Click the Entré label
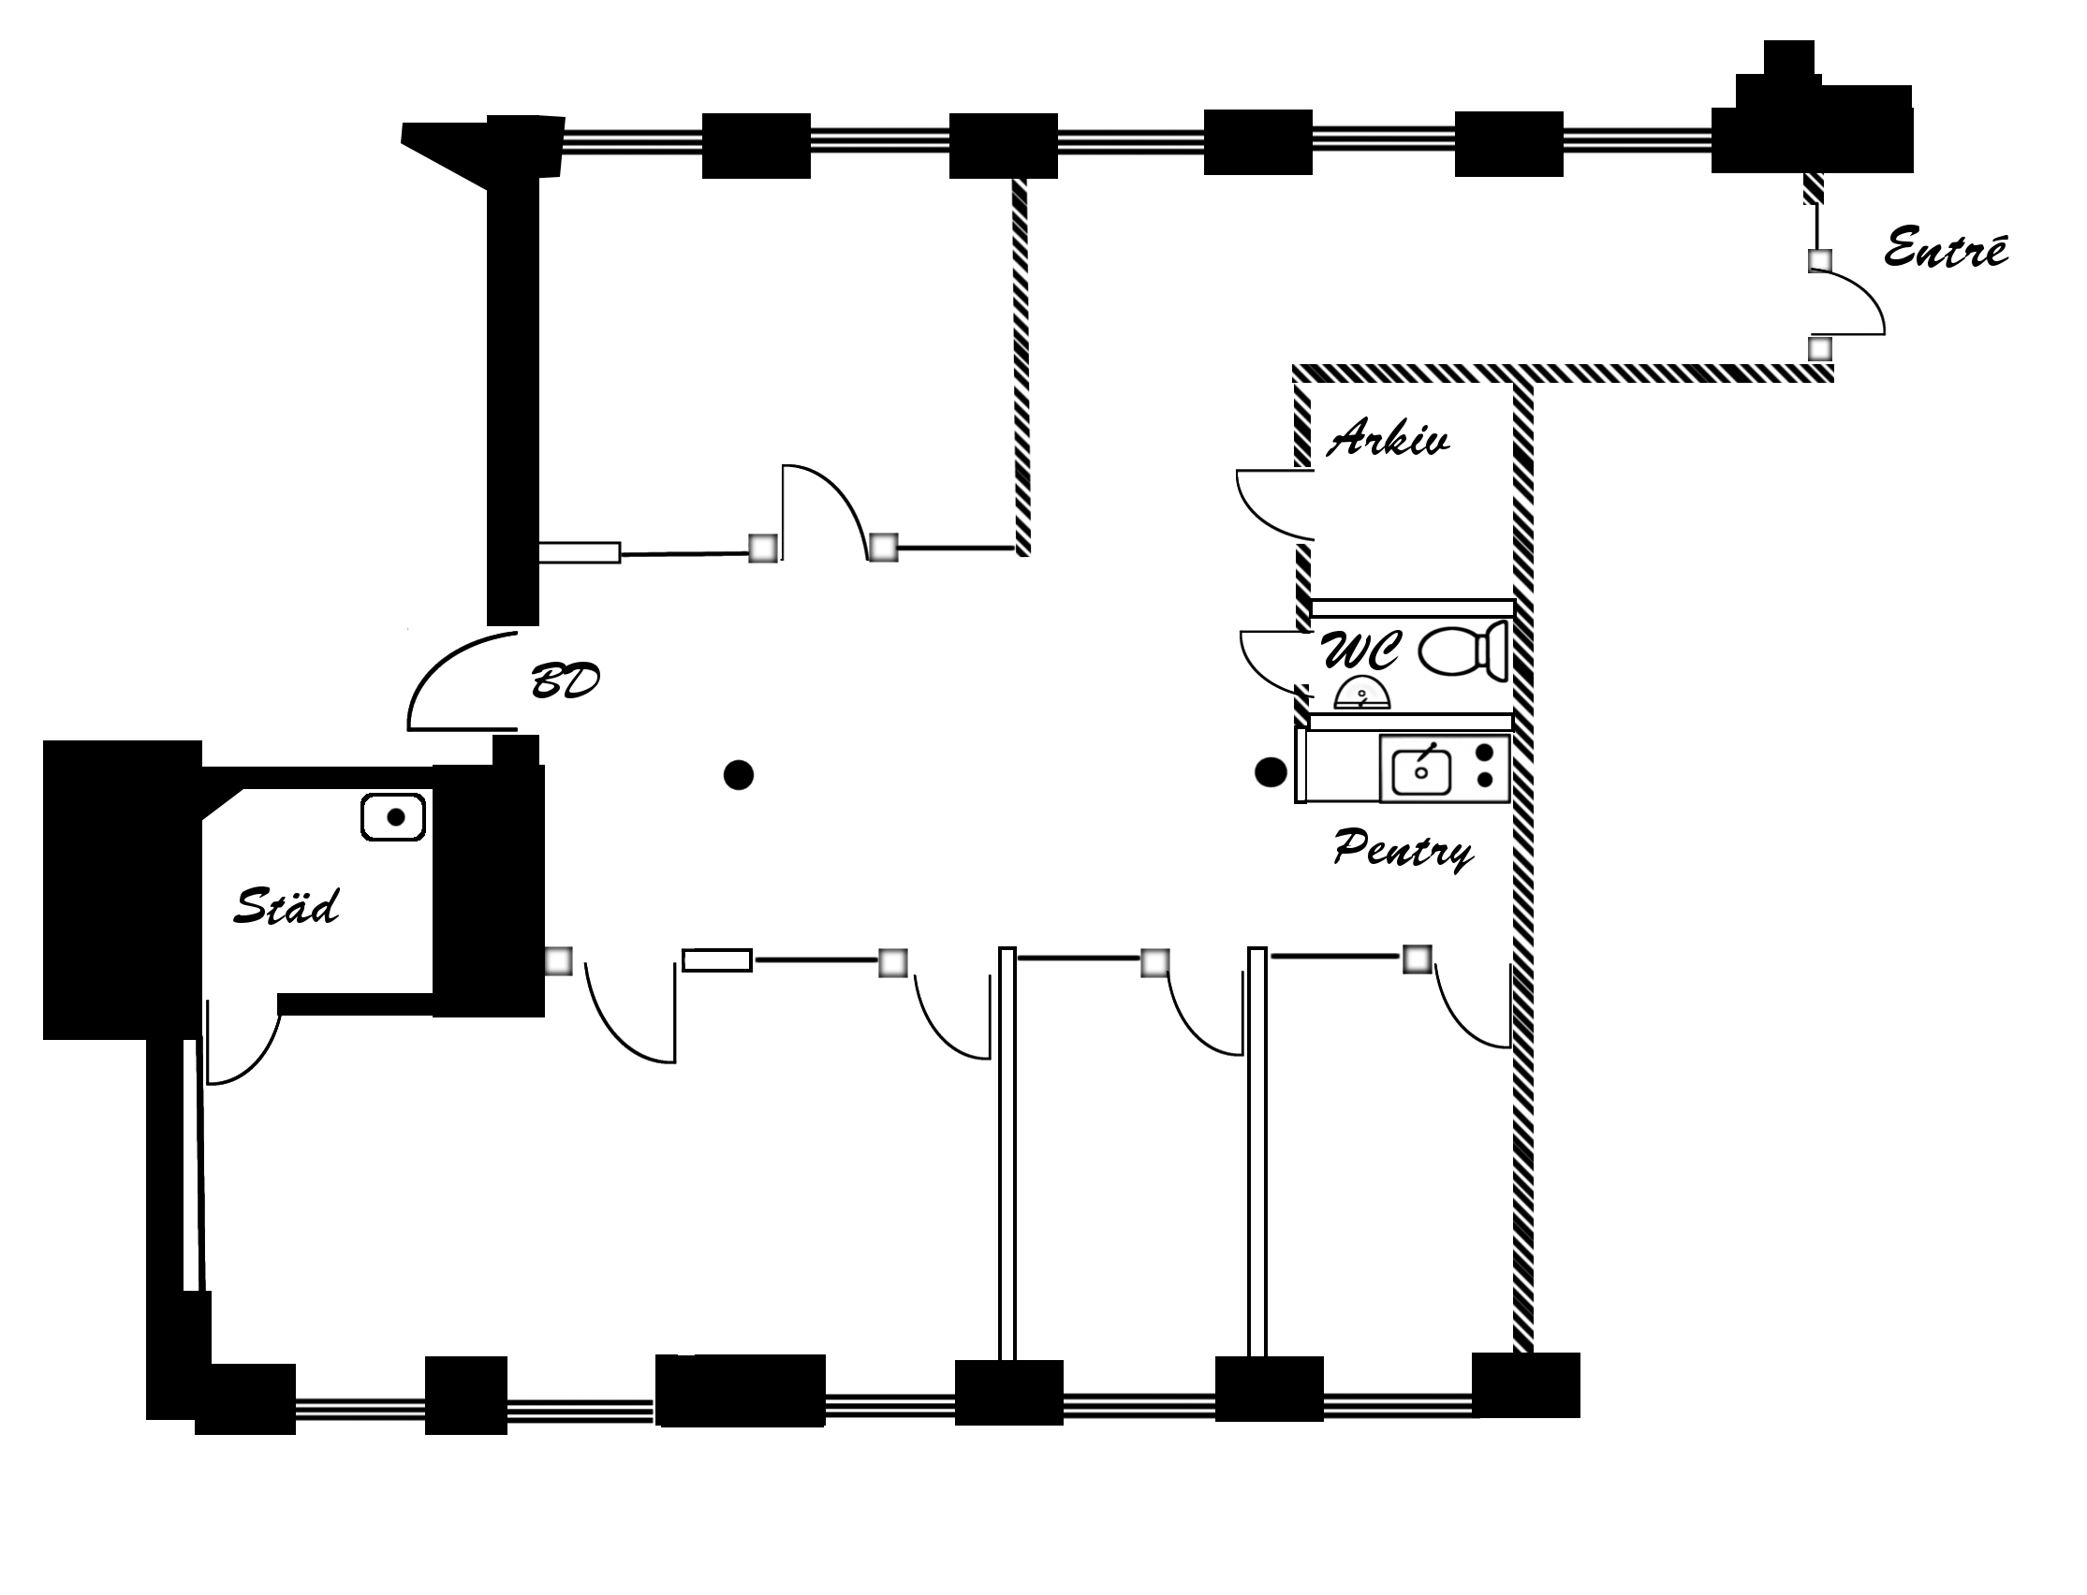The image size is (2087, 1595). [1946, 249]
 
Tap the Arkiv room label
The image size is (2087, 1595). [1389, 438]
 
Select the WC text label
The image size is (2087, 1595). [1359, 651]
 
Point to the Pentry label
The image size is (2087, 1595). [1404, 848]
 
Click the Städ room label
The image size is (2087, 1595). [286, 906]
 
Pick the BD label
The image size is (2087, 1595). [565, 680]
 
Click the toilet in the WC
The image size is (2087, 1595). [1463, 651]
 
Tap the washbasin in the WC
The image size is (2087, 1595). [1362, 693]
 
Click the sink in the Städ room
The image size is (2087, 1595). [393, 817]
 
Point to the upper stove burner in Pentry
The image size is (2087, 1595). [1485, 753]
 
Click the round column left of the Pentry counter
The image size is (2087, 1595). [1271, 772]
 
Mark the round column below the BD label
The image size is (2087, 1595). [739, 775]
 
